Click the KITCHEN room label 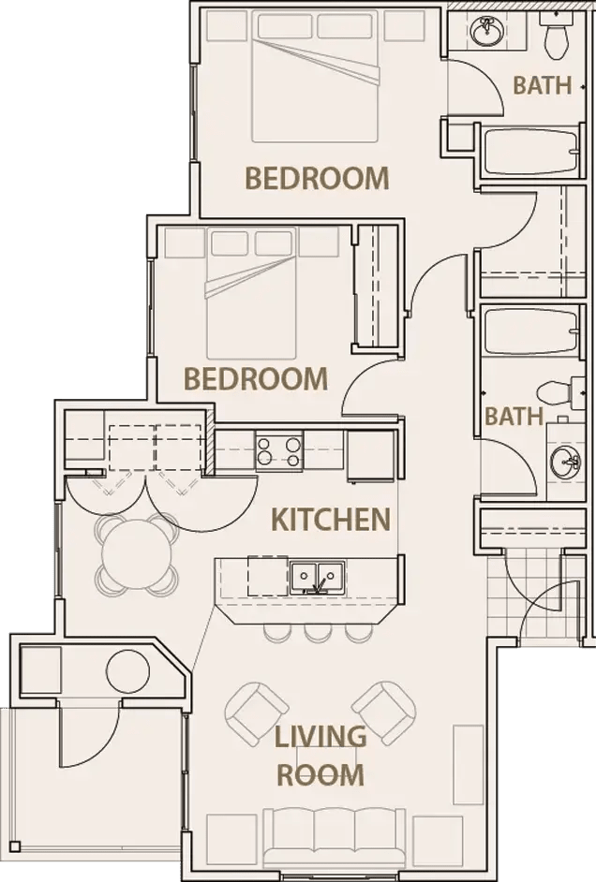pos(330,519)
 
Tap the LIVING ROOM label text pos(320,755)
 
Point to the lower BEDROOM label pos(256,378)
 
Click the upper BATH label pos(542,85)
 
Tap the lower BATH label pos(514,416)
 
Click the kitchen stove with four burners pos(279,451)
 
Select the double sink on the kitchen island pos(315,576)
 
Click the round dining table pos(136,555)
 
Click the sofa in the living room pos(316,835)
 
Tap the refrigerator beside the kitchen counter pos(370,455)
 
